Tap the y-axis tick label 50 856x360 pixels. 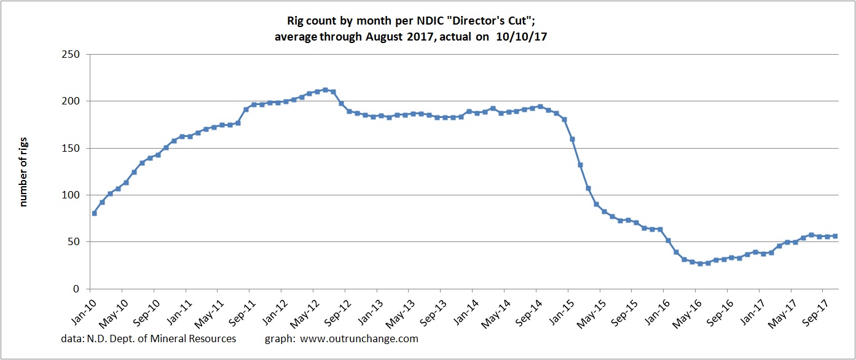pyautogui.click(x=77, y=242)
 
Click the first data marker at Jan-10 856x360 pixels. pyautogui.click(x=94, y=213)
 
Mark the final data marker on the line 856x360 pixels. pyautogui.click(x=835, y=236)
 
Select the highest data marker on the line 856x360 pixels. pyautogui.click(x=325, y=90)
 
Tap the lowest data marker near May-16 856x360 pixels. pyautogui.click(x=700, y=264)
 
